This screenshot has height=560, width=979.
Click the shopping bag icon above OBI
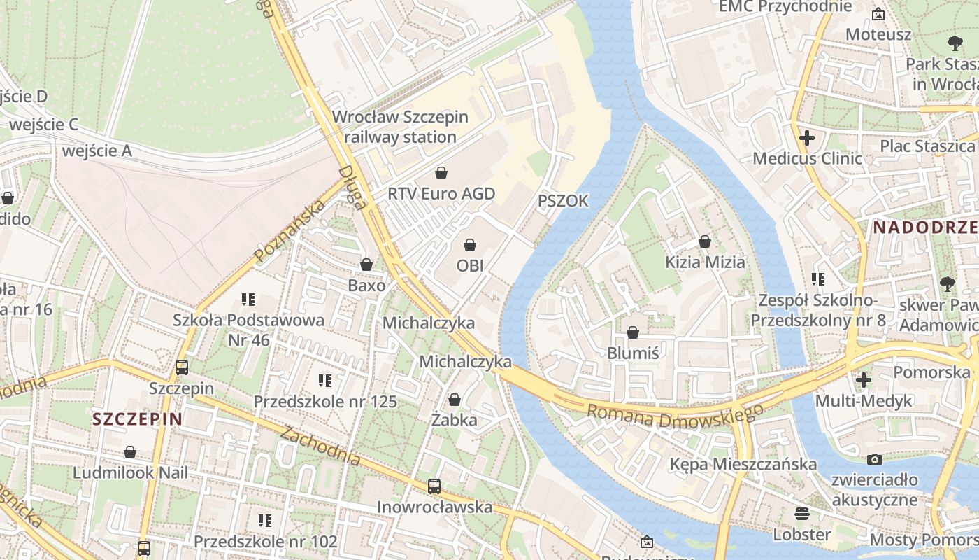pyautogui.click(x=470, y=245)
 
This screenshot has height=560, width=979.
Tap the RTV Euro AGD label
pyautogui.click(x=441, y=193)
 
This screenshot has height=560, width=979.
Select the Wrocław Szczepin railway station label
pyautogui.click(x=400, y=127)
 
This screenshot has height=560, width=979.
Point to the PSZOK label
pyautogui.click(x=563, y=201)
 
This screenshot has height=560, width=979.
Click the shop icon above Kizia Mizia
pyautogui.click(x=705, y=241)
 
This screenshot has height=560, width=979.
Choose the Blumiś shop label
pyautogui.click(x=633, y=353)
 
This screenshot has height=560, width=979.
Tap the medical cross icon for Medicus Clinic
pyautogui.click(x=807, y=138)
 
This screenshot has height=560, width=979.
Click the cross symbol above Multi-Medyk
pyautogui.click(x=864, y=380)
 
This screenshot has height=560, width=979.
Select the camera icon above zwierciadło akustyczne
pyautogui.click(x=874, y=459)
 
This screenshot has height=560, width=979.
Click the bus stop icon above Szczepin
pyautogui.click(x=182, y=367)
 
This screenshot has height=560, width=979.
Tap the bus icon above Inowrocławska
pyautogui.click(x=434, y=486)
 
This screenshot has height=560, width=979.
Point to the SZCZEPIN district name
pyautogui.click(x=137, y=419)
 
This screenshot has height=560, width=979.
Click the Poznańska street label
pyautogui.click(x=290, y=232)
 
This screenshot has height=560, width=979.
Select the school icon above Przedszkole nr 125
pyautogui.click(x=325, y=381)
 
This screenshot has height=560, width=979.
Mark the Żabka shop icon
pyautogui.click(x=455, y=400)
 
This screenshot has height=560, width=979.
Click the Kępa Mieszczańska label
pyautogui.click(x=743, y=464)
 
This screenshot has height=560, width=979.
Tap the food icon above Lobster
pyautogui.click(x=801, y=514)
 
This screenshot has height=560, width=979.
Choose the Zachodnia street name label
pyautogui.click(x=321, y=446)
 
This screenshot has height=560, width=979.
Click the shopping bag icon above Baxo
pyautogui.click(x=366, y=265)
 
